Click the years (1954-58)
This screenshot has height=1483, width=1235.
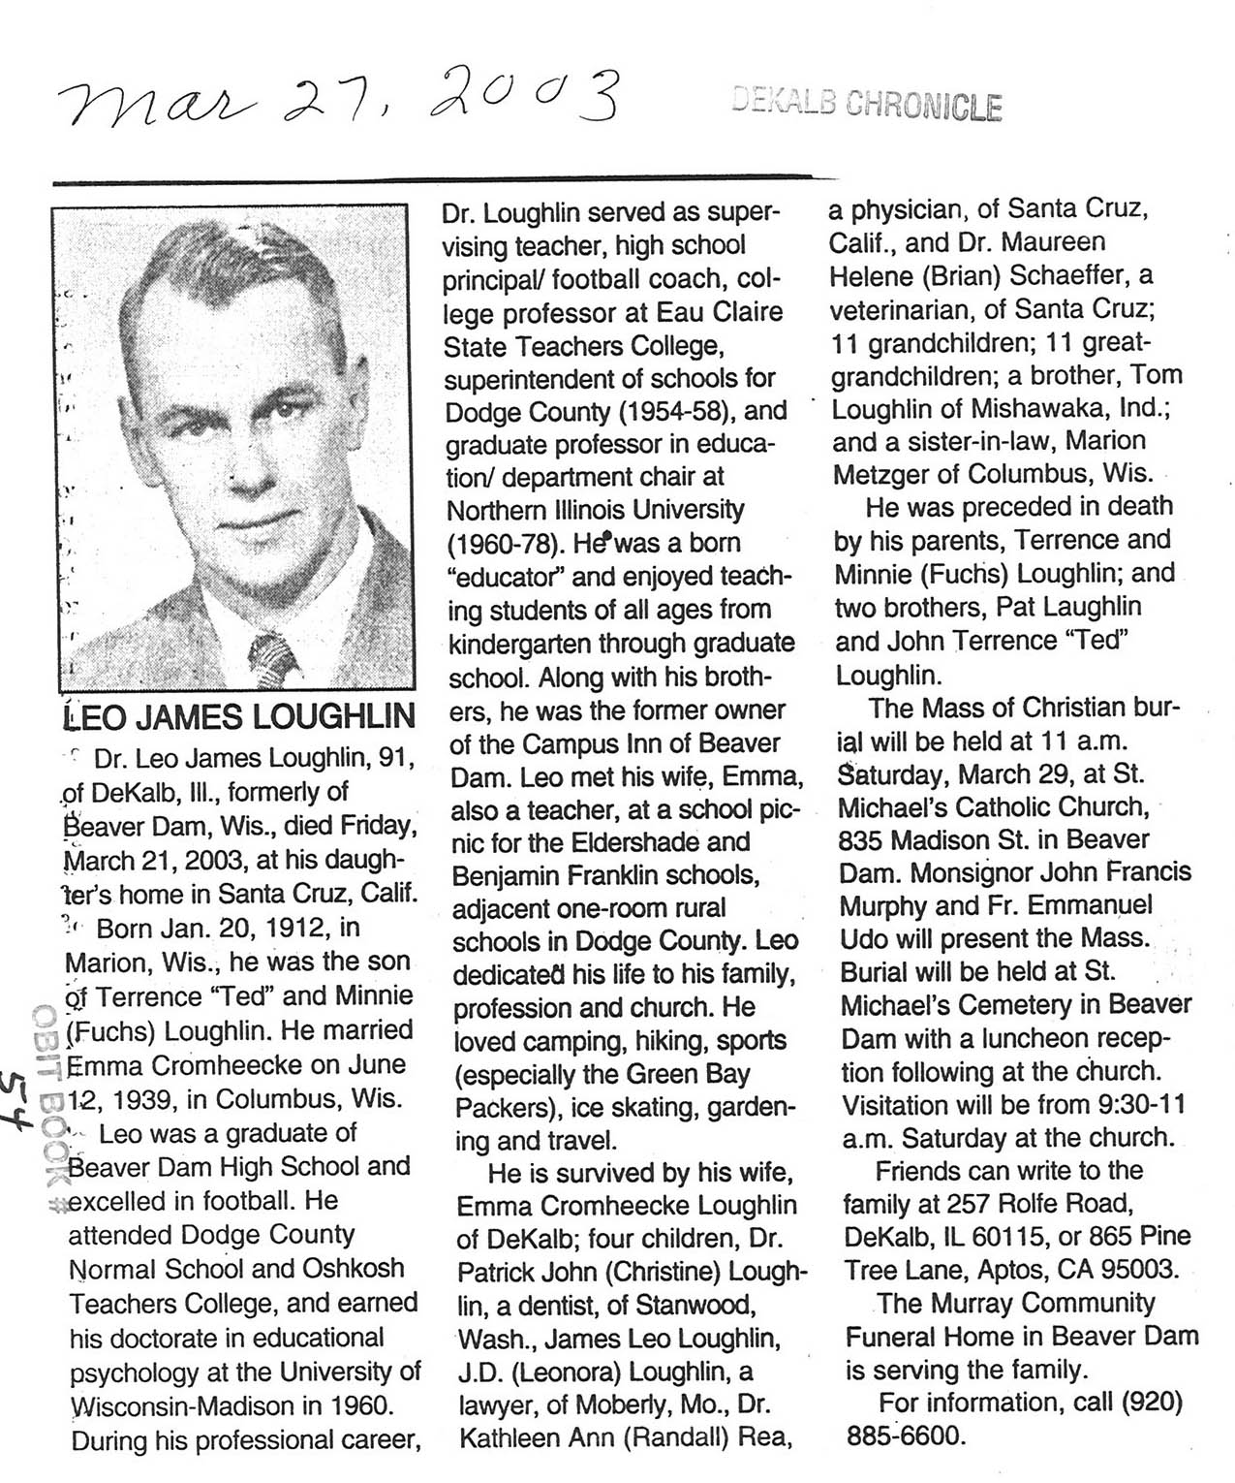tap(679, 411)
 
